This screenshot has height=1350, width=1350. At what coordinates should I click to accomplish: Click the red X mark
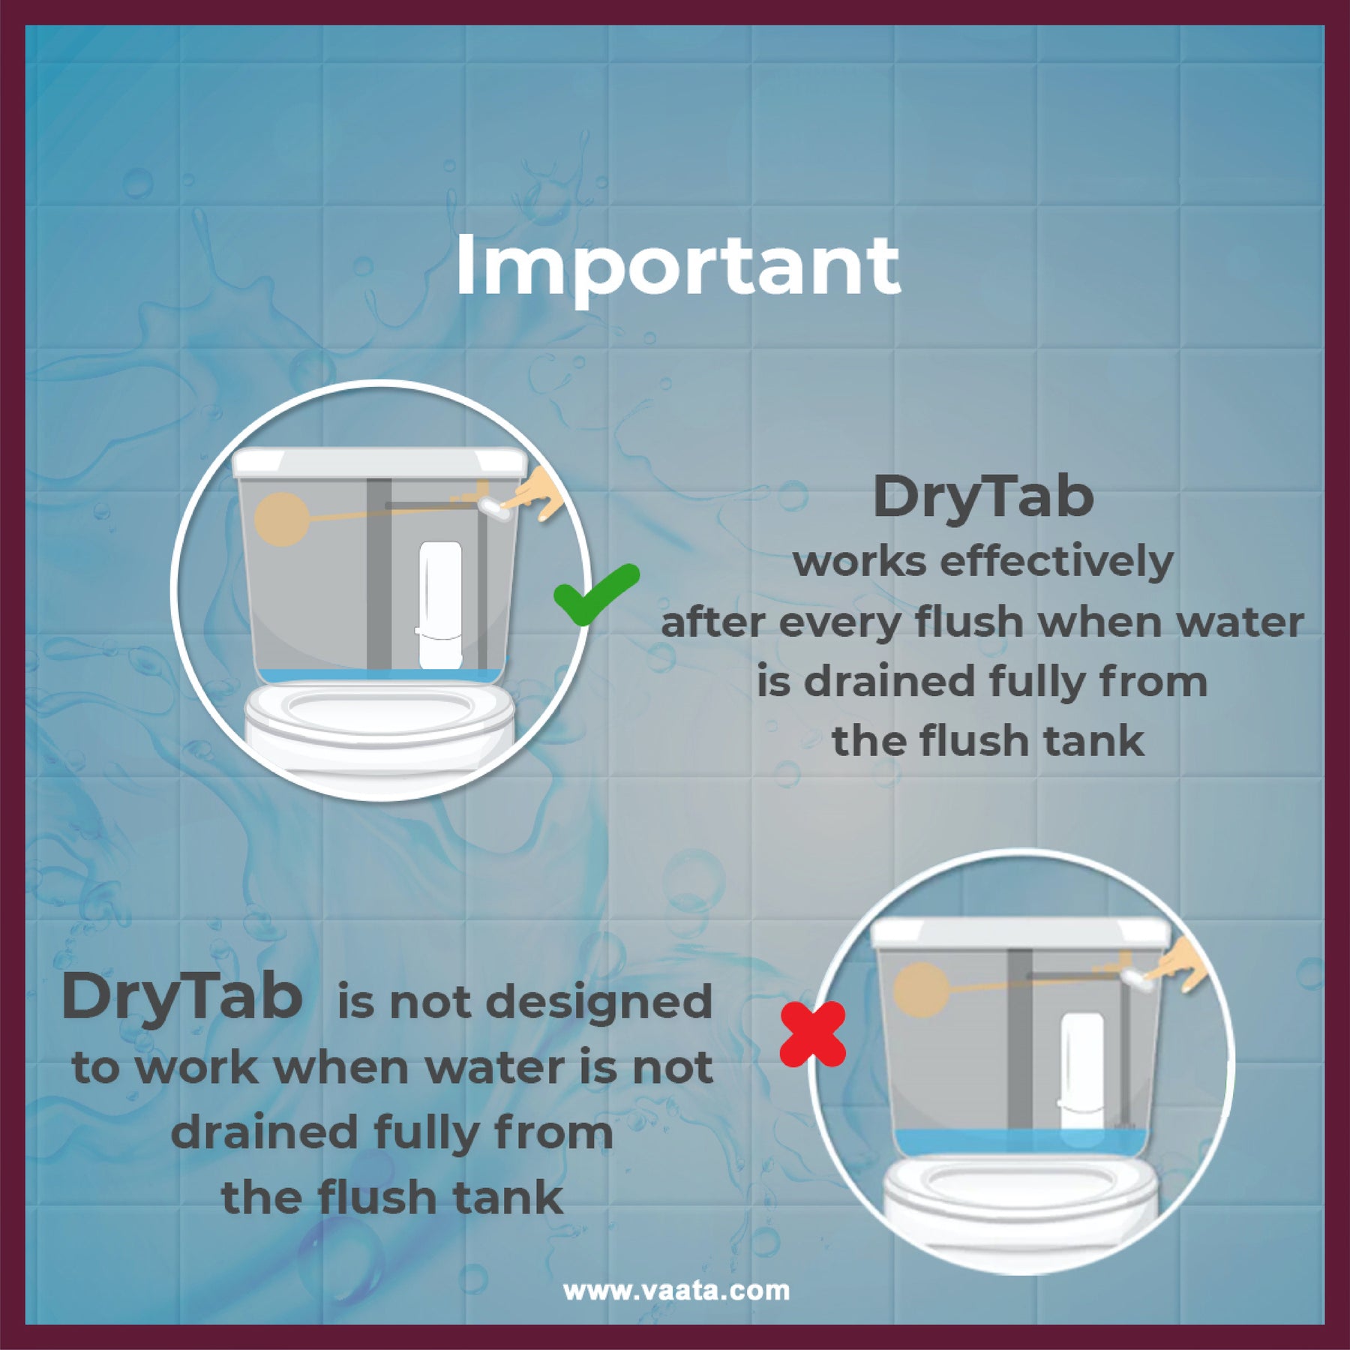[x=812, y=1036]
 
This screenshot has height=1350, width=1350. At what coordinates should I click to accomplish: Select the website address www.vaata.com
[x=676, y=1290]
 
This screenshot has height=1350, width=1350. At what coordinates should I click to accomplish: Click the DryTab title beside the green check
[x=983, y=497]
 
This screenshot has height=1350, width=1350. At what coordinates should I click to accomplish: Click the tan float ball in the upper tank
[x=282, y=520]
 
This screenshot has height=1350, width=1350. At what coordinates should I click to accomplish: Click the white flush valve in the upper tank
[x=439, y=605]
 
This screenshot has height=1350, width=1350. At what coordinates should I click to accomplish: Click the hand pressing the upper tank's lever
[x=538, y=493]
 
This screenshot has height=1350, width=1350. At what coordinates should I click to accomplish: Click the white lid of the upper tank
[x=380, y=463]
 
